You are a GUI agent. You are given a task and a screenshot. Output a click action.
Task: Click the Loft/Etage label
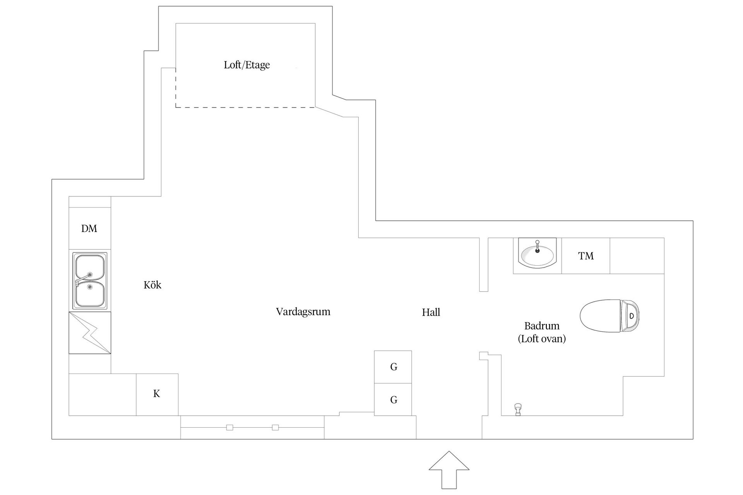(x=247, y=65)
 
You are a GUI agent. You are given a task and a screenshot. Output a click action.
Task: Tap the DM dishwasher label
(x=89, y=229)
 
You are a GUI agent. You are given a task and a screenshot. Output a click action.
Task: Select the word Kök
(x=152, y=285)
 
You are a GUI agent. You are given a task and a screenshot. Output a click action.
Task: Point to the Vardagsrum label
(x=303, y=312)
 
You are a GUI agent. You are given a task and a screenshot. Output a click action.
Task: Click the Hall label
(x=431, y=312)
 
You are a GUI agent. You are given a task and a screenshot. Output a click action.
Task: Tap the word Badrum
(x=542, y=326)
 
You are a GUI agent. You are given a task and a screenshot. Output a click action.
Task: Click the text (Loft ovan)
(x=542, y=339)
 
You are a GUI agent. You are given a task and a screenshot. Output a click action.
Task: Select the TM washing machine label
(x=586, y=256)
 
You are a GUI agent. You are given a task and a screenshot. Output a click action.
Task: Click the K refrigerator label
(x=157, y=394)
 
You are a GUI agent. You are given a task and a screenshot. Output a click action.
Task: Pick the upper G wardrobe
(x=393, y=367)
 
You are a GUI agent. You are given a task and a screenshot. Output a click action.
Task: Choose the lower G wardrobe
(x=393, y=399)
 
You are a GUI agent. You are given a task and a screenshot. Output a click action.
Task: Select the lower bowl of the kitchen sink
(x=89, y=294)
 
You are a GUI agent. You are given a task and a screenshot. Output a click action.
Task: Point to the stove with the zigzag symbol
(x=90, y=333)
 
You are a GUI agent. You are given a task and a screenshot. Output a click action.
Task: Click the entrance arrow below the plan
(x=449, y=470)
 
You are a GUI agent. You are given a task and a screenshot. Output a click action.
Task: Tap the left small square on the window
(x=229, y=427)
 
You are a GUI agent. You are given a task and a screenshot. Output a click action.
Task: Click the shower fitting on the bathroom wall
(x=518, y=410)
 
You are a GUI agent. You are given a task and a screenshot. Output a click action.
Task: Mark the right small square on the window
(x=275, y=427)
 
